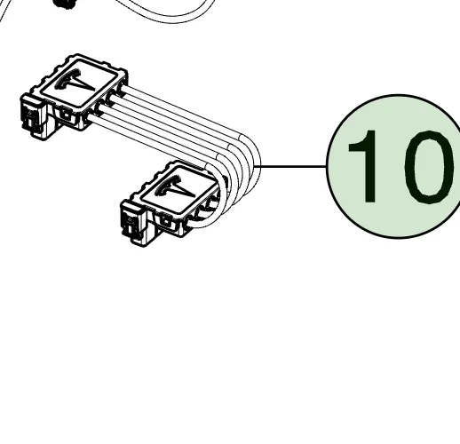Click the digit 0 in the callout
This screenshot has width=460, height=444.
coord(429,167)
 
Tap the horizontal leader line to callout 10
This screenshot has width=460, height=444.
coord(293,166)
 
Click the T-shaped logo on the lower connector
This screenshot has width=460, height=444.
coord(175,187)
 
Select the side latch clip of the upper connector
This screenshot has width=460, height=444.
coord(33,116)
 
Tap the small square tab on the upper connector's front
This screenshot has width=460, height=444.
coord(67,115)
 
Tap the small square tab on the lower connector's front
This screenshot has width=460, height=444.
coord(167,221)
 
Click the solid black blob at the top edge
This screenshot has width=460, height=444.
coord(64,4)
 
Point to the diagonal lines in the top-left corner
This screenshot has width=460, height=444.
coord(5,11)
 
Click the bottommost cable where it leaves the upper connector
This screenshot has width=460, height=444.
coord(91,119)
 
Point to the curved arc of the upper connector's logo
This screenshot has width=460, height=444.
coord(66,77)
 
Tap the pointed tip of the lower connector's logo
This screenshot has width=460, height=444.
coord(194,195)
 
